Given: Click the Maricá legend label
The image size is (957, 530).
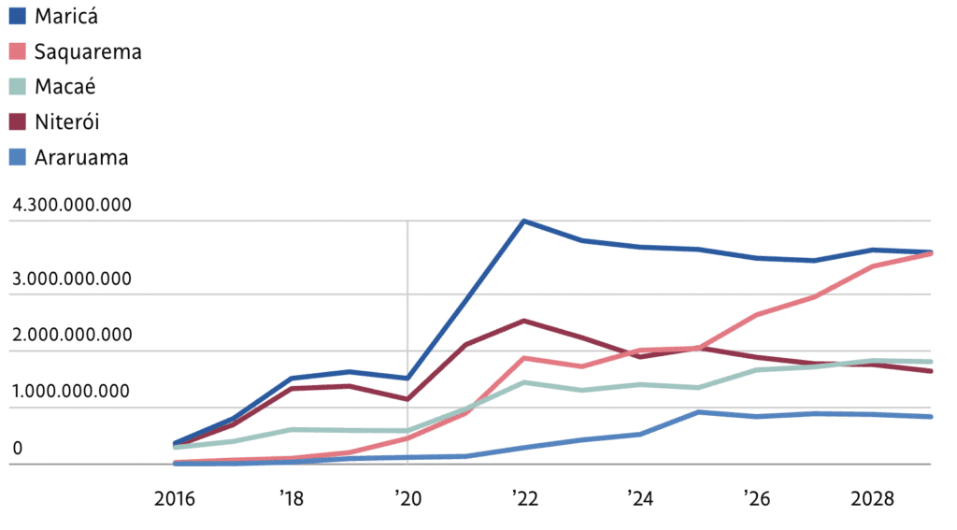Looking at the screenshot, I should click(x=65, y=16).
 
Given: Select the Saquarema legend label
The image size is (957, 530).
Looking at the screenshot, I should click(x=88, y=51).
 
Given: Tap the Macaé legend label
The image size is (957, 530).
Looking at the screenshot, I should click(x=64, y=87).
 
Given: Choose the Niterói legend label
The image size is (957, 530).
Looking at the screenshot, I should click(x=66, y=122).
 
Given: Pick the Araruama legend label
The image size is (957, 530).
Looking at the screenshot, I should click(x=81, y=158).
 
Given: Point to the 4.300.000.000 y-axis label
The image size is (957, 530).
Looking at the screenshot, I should click(x=71, y=206).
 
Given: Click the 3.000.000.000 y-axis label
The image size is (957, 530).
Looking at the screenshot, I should click(x=71, y=279).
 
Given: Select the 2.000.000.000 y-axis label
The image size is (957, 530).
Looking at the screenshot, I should click(x=71, y=335).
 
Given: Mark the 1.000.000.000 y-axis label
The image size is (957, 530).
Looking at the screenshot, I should click(x=71, y=391).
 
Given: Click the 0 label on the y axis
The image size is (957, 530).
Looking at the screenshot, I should click(x=17, y=448).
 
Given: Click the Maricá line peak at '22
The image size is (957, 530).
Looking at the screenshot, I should click(x=523, y=222).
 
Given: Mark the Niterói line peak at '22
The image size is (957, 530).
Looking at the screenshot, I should click(x=523, y=321).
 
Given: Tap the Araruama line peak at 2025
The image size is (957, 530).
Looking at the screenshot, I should click(x=698, y=412).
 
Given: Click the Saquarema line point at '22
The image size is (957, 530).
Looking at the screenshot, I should click(x=523, y=358).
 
